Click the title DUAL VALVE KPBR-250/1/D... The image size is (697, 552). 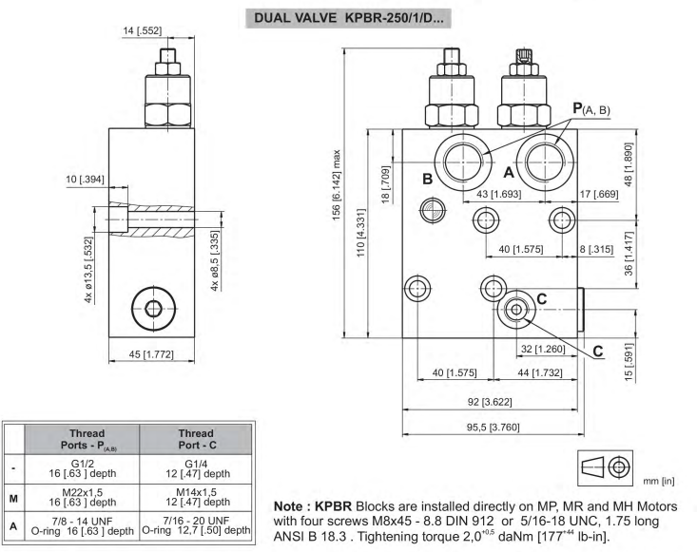point(348,18)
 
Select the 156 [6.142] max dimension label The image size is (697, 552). point(337,184)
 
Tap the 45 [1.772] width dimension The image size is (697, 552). point(151,354)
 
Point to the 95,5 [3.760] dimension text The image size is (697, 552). point(493,428)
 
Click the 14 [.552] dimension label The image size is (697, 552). point(143,30)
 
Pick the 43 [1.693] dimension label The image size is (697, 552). point(498,194)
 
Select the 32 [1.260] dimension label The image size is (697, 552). point(543,349)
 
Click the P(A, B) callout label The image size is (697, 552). point(591,109)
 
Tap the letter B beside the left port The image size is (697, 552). point(427,179)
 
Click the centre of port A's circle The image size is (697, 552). point(545,162)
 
